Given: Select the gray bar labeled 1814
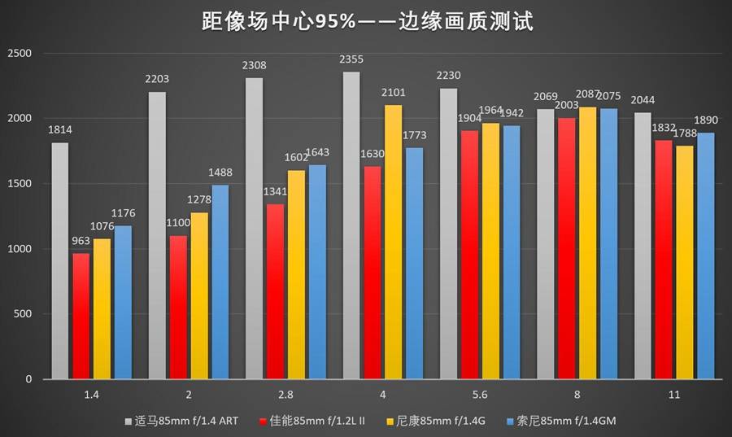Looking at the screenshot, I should tap(60, 260).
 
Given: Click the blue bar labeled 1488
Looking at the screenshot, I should tap(220, 282).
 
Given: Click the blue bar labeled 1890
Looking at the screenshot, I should tap(705, 256).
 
